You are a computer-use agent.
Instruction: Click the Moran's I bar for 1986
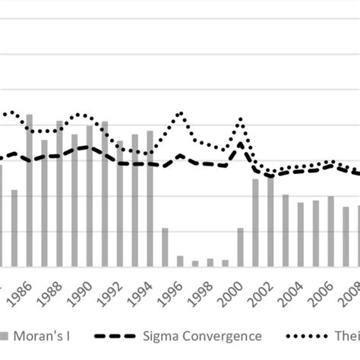30,190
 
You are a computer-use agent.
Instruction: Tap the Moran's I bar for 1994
150,198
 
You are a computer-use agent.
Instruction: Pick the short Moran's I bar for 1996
180,261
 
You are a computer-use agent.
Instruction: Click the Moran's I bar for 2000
240,247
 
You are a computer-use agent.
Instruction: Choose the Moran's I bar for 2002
270,221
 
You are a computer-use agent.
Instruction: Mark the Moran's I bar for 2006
330,231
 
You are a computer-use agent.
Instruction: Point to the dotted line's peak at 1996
180,113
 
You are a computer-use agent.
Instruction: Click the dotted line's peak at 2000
241,119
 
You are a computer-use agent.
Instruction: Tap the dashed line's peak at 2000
241,144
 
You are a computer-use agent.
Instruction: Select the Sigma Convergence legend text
204,336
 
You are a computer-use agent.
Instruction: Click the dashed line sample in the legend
115,336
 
